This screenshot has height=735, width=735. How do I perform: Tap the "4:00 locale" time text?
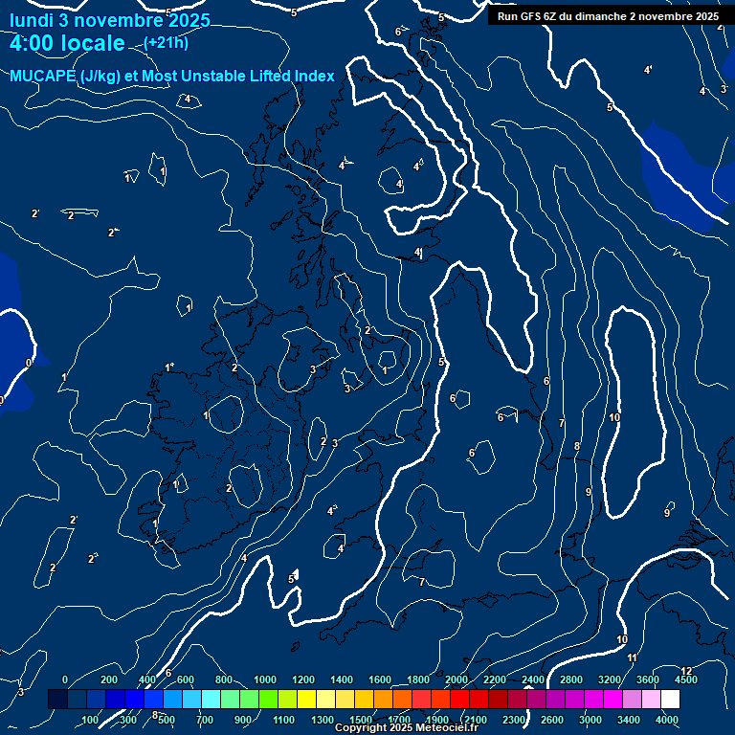click(x=67, y=43)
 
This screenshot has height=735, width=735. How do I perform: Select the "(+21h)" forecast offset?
click(x=166, y=42)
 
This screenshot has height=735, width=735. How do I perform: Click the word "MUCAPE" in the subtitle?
click(x=45, y=77)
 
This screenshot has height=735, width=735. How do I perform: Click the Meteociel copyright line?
click(x=406, y=728)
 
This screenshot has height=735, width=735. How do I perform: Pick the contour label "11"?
click(x=632, y=657)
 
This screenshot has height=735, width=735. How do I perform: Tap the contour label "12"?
click(x=686, y=671)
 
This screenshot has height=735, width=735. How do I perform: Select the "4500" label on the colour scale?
click(x=686, y=679)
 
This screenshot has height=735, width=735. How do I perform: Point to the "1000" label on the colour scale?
click(x=265, y=679)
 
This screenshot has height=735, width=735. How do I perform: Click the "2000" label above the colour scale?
click(x=457, y=679)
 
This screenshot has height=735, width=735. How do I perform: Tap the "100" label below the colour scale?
click(x=90, y=720)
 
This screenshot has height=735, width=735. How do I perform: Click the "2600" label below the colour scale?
click(x=552, y=720)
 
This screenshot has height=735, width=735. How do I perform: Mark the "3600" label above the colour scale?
click(x=648, y=679)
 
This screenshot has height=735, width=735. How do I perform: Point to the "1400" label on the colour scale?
click(x=342, y=679)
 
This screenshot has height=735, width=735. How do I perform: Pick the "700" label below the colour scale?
click(x=205, y=720)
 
